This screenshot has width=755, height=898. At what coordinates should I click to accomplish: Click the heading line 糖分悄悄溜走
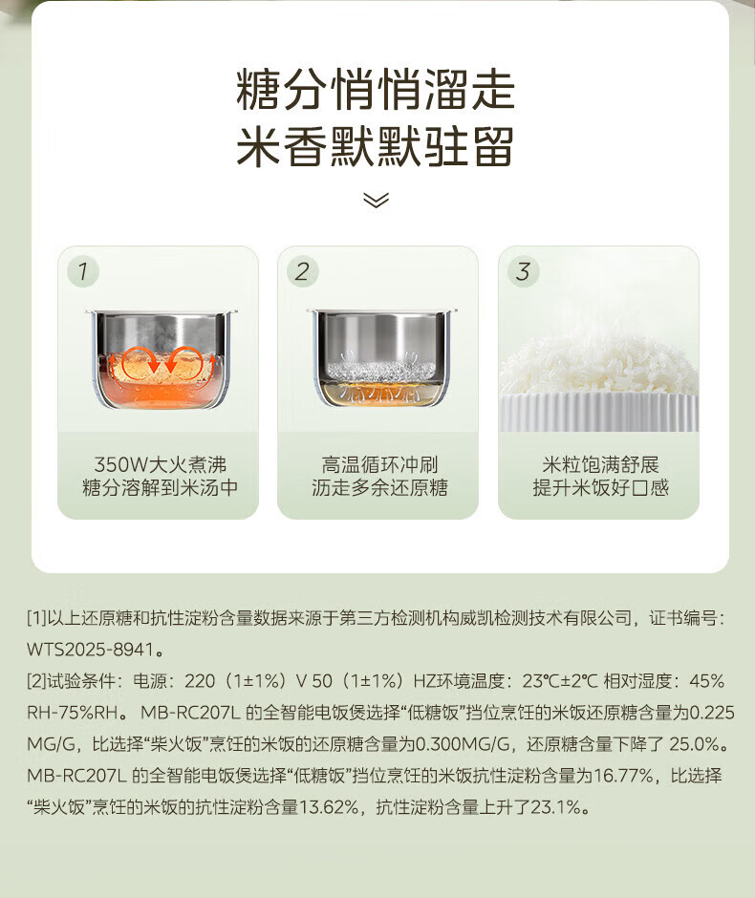pos(376,89)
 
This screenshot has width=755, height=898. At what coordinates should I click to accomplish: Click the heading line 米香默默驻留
pos(376,146)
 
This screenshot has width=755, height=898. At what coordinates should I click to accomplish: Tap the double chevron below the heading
pos(376,200)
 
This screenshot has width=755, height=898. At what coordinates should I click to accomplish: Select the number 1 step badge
pos(83,271)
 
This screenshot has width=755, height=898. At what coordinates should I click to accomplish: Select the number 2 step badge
pos(302,271)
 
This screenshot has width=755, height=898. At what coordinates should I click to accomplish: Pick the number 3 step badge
pos(523,271)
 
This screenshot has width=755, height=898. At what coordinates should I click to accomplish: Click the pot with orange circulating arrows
pos(161,359)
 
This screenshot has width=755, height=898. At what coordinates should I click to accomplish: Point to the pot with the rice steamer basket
pos(381,357)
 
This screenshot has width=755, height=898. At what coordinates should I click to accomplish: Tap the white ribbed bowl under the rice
pos(598,411)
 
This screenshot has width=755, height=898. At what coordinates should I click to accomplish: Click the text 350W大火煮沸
pos(160,464)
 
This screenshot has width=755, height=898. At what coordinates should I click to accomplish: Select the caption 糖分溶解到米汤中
pos(160,488)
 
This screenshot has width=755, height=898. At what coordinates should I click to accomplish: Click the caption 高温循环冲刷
pos(379,464)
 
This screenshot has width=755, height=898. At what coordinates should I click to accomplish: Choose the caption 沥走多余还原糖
pos(379,488)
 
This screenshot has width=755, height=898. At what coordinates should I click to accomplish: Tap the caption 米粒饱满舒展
pos(600,464)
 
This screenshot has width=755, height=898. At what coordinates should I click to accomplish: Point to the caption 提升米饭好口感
pos(600,488)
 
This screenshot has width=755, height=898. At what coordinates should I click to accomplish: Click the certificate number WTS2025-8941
pos(91,650)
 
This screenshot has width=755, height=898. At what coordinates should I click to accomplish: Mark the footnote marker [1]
pos(36,618)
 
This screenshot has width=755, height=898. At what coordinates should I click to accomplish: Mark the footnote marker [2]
pos(36,681)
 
